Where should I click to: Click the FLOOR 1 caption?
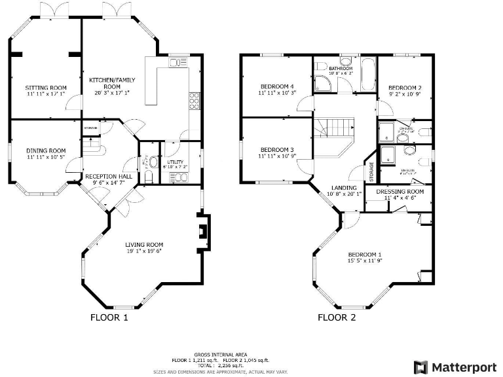pos(109,318)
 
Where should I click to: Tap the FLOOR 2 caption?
pos(337,318)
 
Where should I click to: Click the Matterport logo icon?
pos(420,367)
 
